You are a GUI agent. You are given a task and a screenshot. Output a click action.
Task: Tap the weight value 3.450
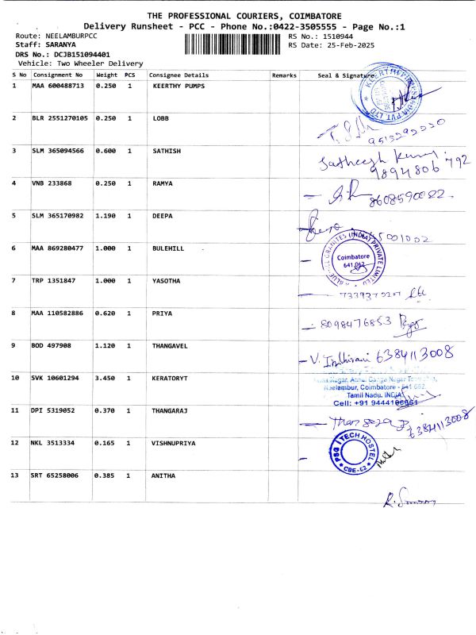click(x=106, y=379)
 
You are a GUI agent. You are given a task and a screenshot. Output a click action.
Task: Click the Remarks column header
click(x=284, y=75)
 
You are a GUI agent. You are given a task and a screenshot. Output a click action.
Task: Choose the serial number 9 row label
click(x=14, y=346)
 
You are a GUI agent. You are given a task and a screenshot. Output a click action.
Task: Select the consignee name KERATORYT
click(x=169, y=379)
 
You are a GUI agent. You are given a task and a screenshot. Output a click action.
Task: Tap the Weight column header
click(x=106, y=75)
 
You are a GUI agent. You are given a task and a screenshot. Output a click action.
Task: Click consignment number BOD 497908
click(x=53, y=346)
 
